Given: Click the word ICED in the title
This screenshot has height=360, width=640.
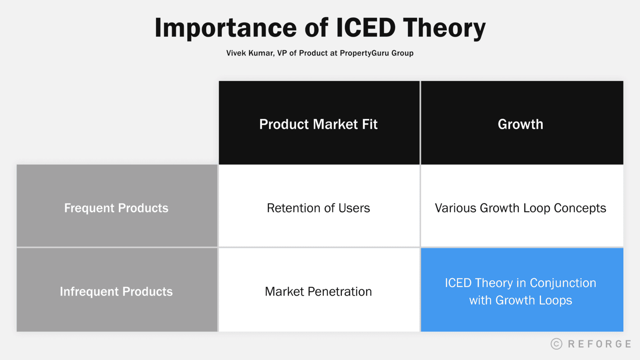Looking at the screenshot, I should point(366,28).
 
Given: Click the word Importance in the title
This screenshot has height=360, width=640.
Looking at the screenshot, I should point(225,28).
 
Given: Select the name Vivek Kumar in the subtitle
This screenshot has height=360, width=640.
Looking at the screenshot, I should point(250,53).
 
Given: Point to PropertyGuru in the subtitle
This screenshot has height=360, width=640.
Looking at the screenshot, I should point(364,53).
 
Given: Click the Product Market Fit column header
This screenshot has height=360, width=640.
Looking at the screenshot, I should point(318,124).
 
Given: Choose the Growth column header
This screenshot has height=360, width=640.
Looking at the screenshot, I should point(520,124).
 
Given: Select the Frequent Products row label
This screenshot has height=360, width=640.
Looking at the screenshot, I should point(116,208).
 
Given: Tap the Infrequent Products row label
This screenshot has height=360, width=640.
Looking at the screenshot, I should point(116,291).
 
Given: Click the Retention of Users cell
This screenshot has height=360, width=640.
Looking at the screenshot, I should point(318,208).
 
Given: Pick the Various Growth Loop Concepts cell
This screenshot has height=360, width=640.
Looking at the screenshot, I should point(520,208).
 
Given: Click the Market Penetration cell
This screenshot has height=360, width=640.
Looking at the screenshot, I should point(318,291).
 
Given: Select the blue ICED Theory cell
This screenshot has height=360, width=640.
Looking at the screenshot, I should point(520,291).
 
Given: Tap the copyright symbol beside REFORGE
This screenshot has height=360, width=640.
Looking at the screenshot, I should point(556,344).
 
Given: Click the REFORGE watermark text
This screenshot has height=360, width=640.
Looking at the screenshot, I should point(599,344).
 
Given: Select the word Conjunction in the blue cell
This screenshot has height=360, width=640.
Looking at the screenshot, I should point(563,283).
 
